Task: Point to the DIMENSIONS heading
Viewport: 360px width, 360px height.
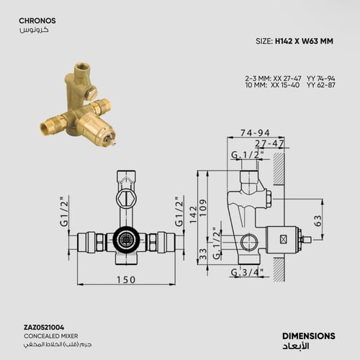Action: pos(307,336)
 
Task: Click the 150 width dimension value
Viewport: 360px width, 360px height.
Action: pos(126,279)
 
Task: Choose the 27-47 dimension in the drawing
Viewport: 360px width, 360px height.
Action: pos(270,143)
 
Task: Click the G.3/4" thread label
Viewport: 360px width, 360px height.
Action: pos(246,272)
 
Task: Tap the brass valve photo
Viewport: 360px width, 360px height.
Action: pos(85,108)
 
